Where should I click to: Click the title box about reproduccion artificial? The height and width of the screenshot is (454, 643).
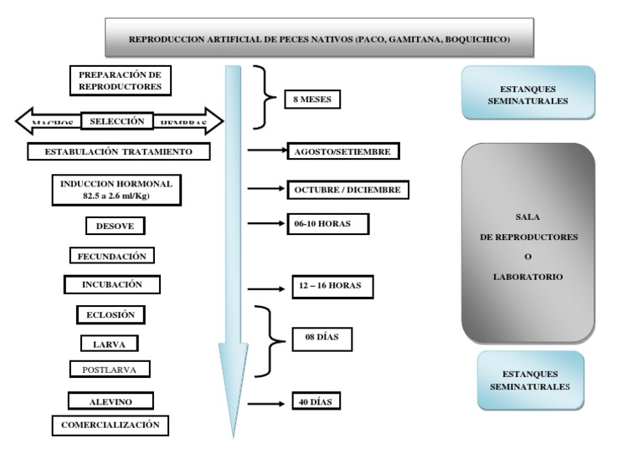coord(318,38)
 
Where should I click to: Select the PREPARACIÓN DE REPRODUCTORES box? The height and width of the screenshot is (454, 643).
coord(120,80)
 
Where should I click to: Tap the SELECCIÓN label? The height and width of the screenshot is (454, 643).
coord(118,121)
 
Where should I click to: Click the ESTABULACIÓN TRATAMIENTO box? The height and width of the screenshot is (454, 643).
coord(118,152)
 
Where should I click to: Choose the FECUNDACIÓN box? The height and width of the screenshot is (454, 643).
coord(111,256)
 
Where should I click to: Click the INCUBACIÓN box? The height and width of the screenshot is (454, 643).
coord(112,284)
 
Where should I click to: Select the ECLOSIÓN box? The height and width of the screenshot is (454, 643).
coord(110,315)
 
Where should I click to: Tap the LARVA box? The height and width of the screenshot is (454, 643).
coord(109,343)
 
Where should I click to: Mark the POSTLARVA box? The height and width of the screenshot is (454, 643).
coord(110,369)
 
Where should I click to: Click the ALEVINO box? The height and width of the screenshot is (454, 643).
coord(110,401)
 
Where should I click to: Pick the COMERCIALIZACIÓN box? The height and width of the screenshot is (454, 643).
coord(110,425)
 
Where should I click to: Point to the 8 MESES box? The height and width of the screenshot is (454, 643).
coord(312,99)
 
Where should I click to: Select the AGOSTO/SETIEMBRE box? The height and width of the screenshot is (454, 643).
coord(343,151)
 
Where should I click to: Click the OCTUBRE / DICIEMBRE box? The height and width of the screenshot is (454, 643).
coord(348,190)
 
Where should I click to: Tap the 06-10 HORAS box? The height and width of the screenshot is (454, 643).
coord(327,224)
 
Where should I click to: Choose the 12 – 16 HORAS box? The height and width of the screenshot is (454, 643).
coord(332,286)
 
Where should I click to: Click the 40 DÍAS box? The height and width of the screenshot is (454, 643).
coord(316,402)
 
